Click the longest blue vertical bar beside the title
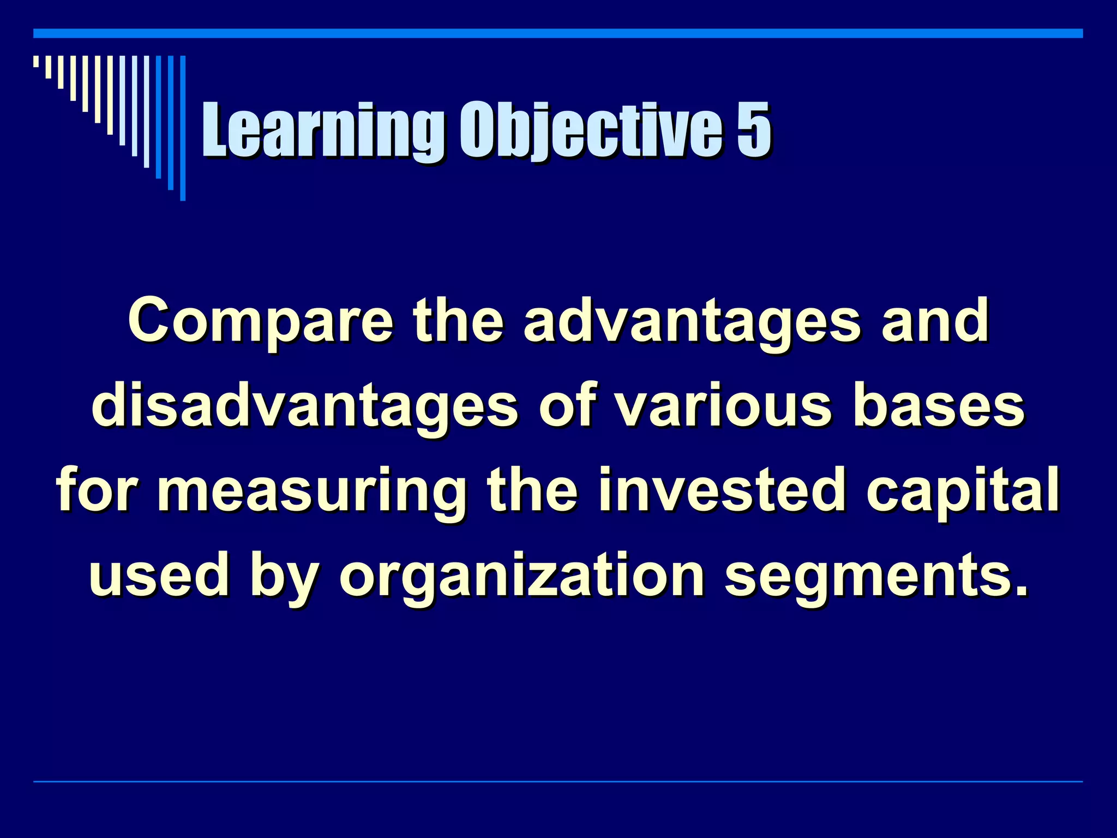tap(183, 128)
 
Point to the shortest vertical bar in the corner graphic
tap(36, 61)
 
